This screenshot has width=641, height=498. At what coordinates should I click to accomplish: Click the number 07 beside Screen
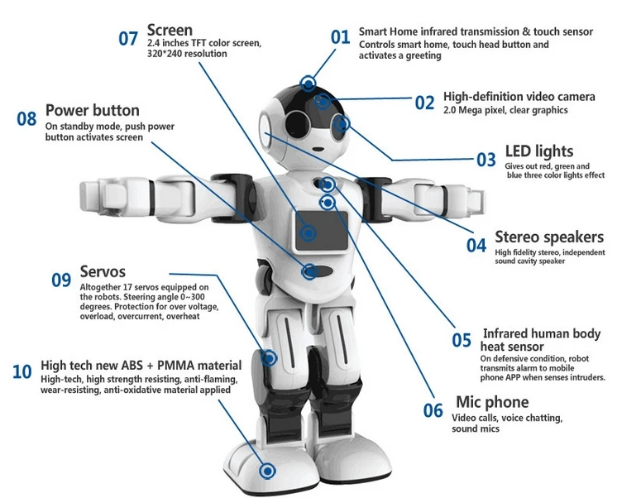pos(128,38)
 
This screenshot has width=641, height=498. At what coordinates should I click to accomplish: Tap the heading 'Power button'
pos(92,110)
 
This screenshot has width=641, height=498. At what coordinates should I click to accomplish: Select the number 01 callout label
pos(341,36)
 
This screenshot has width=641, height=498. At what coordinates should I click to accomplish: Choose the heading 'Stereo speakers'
pos(548,237)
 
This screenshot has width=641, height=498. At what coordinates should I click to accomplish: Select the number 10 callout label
pos(22,371)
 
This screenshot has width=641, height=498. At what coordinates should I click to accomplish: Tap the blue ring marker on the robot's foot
pos(267,471)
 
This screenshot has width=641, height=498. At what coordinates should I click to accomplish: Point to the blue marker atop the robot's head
pos(309,83)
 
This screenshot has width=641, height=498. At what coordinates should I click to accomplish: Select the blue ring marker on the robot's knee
pos(269,358)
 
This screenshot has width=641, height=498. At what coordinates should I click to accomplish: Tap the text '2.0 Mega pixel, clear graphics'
pos(505,110)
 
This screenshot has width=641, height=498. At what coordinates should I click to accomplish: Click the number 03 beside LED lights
pos(486,158)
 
